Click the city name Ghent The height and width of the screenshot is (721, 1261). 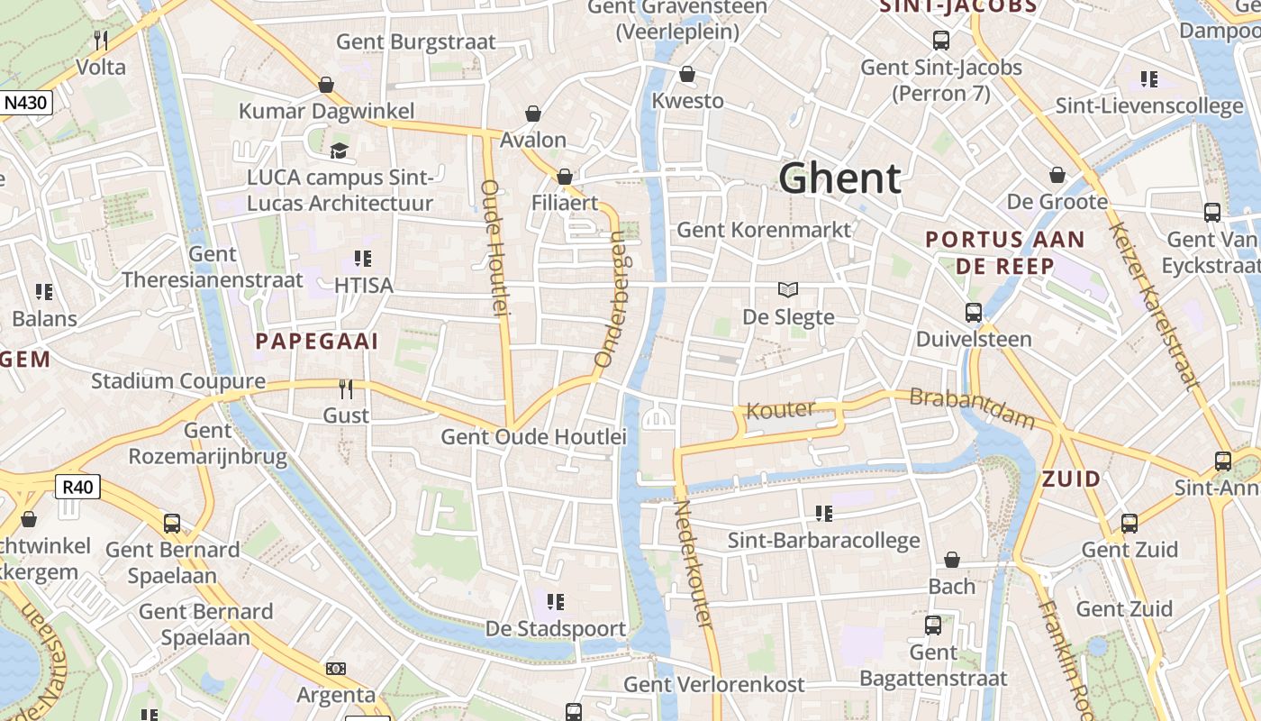pyautogui.click(x=839, y=178)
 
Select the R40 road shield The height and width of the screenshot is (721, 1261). pyautogui.click(x=78, y=488)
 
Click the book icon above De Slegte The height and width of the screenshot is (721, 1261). pyautogui.click(x=788, y=290)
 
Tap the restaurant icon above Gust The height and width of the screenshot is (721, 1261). pyautogui.click(x=346, y=389)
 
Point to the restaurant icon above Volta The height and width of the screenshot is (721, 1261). pyautogui.click(x=101, y=41)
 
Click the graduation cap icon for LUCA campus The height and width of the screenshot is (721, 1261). pyautogui.click(x=339, y=151)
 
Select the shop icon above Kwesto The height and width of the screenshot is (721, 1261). pyautogui.click(x=687, y=74)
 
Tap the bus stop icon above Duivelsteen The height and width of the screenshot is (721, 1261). pyautogui.click(x=974, y=313)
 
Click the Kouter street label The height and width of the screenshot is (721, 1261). pyautogui.click(x=781, y=410)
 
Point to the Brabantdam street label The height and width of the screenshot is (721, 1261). pyautogui.click(x=972, y=408)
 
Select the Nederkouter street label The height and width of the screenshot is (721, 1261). pyautogui.click(x=694, y=564)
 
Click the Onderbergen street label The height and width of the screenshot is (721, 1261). pyautogui.click(x=611, y=298)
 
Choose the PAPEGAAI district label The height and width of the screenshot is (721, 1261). pyautogui.click(x=317, y=342)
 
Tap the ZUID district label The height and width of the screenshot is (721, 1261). pyautogui.click(x=1071, y=479)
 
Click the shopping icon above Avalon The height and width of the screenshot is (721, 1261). pyautogui.click(x=533, y=114)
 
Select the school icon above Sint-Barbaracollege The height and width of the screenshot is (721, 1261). pyautogui.click(x=823, y=514)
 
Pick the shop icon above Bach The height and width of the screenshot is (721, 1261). pyautogui.click(x=952, y=561)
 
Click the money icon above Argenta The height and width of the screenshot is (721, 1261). pyautogui.click(x=336, y=669)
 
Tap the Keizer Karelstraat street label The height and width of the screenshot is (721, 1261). pyautogui.click(x=1155, y=306)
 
